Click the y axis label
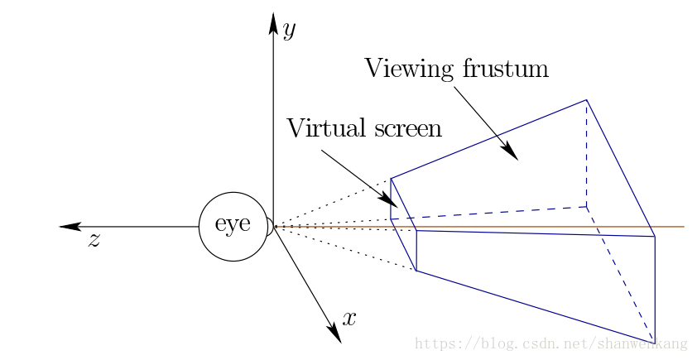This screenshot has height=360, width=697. coord(289,31)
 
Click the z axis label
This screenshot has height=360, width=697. coord(94,241)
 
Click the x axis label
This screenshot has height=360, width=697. coord(349,319)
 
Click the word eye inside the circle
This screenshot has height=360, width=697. coord(233,224)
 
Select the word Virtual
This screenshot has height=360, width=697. coord(324,128)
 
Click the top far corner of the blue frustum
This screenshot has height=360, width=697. coord(587,100)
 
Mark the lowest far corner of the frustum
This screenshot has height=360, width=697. coord(655,343)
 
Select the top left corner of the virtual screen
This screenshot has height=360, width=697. coord(391,178)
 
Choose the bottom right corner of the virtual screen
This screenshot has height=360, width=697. coord(416,271)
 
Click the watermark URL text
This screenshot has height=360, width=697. coord(550,343)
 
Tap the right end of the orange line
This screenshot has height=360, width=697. coord(683,226)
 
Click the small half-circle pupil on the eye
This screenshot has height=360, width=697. coord(269,226)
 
